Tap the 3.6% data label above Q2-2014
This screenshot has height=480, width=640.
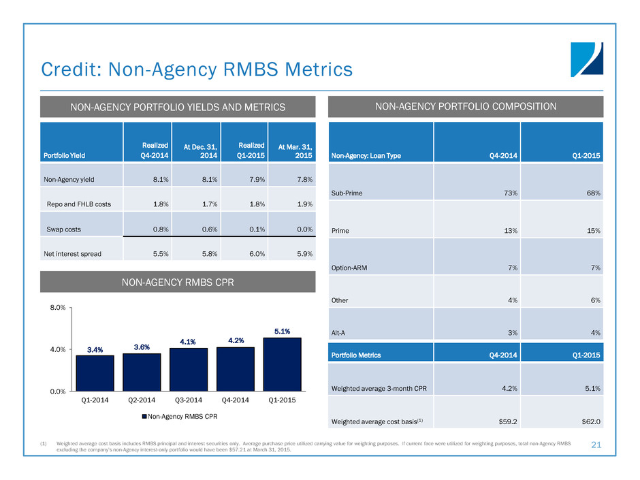click(x=142, y=347)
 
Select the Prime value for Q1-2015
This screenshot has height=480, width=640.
click(x=590, y=231)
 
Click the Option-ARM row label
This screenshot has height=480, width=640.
click(x=351, y=268)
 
